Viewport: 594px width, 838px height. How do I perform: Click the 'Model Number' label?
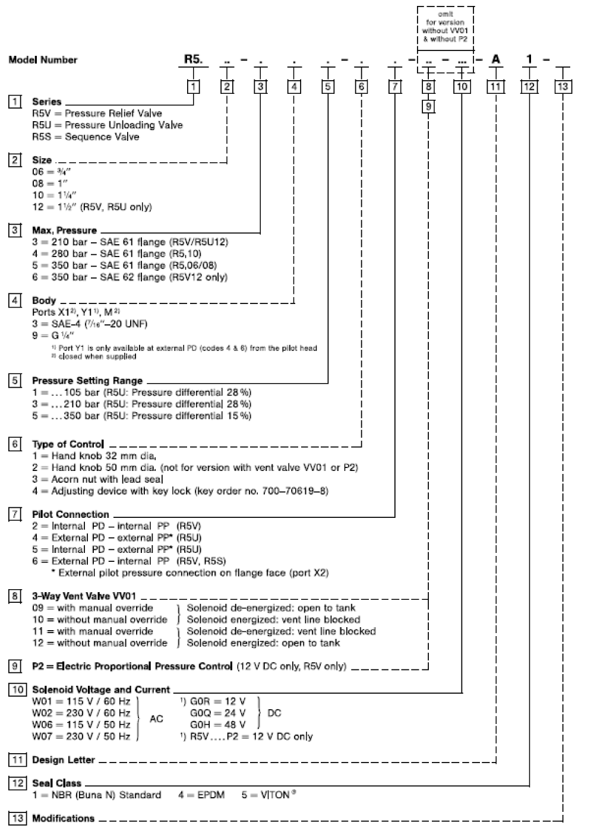click(x=43, y=59)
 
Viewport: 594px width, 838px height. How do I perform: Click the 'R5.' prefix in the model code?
click(x=193, y=59)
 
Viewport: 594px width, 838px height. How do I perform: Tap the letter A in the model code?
click(x=495, y=59)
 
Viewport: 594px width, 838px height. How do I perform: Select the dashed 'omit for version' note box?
click(x=445, y=27)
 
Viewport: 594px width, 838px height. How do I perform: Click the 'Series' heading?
click(x=46, y=102)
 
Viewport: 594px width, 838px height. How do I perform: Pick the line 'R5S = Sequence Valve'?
click(x=86, y=137)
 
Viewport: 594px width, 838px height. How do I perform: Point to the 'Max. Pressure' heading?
click(x=64, y=230)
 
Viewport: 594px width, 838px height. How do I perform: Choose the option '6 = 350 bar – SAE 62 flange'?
click(x=129, y=277)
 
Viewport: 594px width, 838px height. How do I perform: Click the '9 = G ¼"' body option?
click(x=53, y=336)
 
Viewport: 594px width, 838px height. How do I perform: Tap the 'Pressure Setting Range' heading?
click(x=87, y=381)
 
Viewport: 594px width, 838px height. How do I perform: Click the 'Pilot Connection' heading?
click(x=70, y=514)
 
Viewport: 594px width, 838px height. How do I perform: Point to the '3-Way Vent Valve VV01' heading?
click(x=84, y=596)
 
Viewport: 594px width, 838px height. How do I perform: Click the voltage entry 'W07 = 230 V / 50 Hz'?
click(x=81, y=736)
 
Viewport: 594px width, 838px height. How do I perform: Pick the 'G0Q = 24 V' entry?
click(x=217, y=713)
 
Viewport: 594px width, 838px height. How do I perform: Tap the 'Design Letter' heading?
click(x=63, y=760)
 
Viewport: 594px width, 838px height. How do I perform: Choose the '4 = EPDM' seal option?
click(x=201, y=795)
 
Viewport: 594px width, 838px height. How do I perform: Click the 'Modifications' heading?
click(x=63, y=818)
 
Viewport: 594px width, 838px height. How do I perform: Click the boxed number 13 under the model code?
click(x=563, y=87)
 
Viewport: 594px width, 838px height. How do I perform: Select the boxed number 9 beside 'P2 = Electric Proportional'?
click(x=16, y=666)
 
